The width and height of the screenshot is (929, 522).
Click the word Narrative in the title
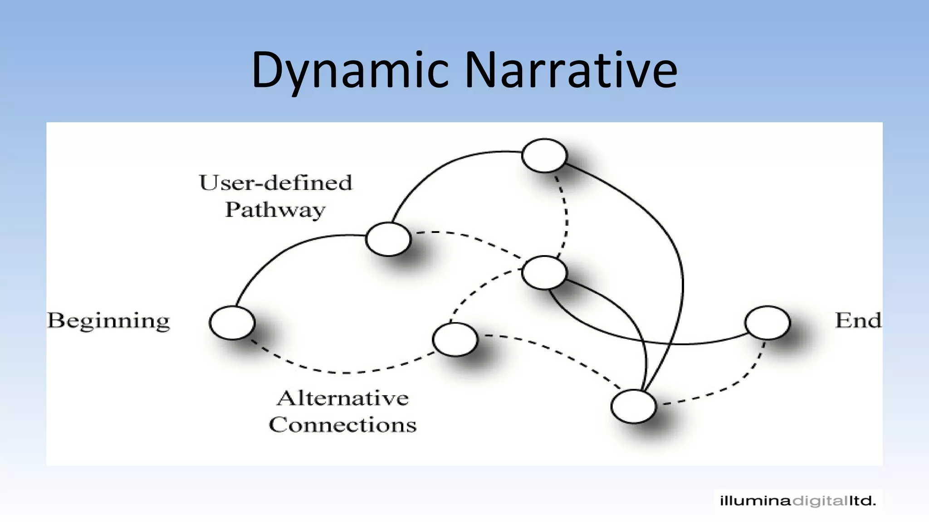pos(571,70)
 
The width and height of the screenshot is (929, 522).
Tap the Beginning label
pos(108,321)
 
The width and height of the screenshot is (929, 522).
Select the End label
pos(858,320)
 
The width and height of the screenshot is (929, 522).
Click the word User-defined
pos(275,183)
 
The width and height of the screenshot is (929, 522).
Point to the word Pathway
pos(275,210)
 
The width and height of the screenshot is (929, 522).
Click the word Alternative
pos(343,398)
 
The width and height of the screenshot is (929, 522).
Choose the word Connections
pos(343,425)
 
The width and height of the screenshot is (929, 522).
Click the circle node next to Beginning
pos(232,323)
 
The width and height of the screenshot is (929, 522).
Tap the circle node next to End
pos(767,323)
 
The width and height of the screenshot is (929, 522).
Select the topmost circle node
pos(544,155)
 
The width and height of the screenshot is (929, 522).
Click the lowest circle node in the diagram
pos(633,406)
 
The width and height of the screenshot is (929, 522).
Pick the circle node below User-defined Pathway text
pos(388,239)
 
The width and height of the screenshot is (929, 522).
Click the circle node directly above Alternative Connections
pos(455,339)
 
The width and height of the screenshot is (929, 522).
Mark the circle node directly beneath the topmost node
pos(544,272)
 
